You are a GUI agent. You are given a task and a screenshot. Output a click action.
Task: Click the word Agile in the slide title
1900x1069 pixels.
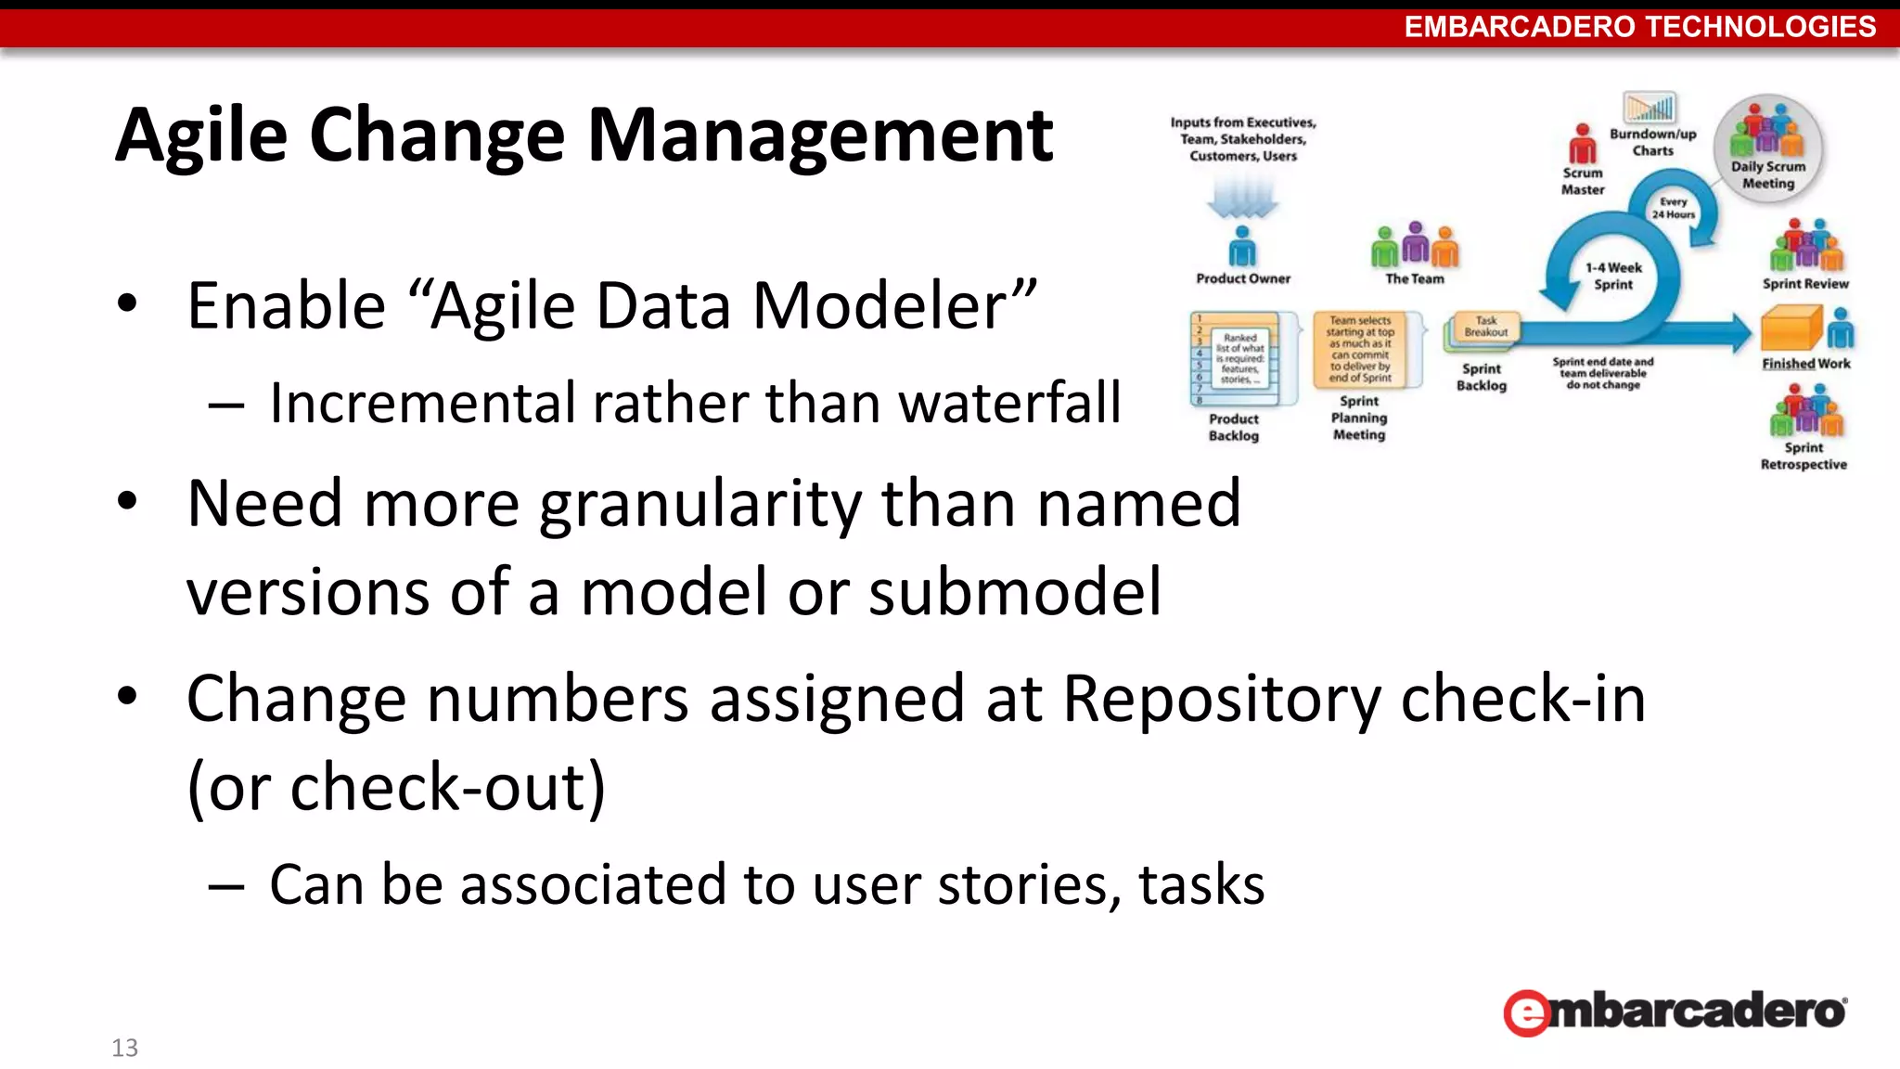[200, 136]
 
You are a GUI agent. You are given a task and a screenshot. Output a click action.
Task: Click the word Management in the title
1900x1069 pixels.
[820, 136]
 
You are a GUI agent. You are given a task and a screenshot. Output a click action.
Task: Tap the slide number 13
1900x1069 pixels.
[124, 1048]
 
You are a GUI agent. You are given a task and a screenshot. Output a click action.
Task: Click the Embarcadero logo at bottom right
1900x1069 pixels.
[1675, 1011]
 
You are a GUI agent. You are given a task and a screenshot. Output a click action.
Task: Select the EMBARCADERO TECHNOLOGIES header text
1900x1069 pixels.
[1639, 26]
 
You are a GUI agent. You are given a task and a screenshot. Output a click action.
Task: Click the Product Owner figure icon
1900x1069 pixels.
[1241, 246]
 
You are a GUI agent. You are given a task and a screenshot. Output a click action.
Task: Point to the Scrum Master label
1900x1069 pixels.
[1582, 181]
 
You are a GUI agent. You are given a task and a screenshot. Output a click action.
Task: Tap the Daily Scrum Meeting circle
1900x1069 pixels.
[1767, 148]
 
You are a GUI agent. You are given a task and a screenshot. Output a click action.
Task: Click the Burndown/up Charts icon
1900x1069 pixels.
[1649, 108]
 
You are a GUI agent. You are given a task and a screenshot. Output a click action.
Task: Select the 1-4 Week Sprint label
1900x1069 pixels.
[1613, 276]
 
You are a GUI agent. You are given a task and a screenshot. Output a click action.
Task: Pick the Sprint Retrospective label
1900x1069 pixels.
[1804, 456]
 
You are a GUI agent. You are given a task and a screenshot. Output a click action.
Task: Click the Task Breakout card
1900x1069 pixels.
[1485, 327]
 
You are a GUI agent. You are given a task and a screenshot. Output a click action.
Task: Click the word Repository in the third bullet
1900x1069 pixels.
[1221, 699]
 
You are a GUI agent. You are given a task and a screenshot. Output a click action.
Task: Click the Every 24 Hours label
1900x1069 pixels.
[1673, 208]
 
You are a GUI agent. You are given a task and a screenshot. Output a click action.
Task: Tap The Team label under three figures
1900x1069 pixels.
[1414, 278]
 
